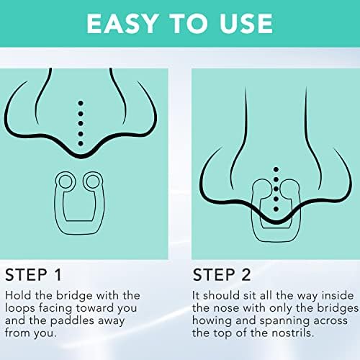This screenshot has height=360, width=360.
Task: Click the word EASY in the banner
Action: (x=122, y=23)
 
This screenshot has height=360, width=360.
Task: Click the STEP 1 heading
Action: (x=33, y=275)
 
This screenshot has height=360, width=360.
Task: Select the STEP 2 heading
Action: (x=222, y=275)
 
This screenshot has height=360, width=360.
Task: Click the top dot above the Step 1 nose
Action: (x=81, y=103)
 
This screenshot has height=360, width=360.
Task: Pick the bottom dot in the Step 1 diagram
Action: (x=81, y=143)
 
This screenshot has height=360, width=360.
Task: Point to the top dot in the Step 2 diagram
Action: (x=276, y=169)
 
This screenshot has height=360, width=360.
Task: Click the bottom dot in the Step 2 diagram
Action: (x=276, y=209)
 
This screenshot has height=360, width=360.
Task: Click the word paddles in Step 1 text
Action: (x=72, y=321)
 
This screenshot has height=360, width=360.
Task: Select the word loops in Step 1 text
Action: (x=20, y=308)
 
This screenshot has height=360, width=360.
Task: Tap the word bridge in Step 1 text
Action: (x=74, y=296)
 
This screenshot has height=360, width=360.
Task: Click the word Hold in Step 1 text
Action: (x=18, y=295)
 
